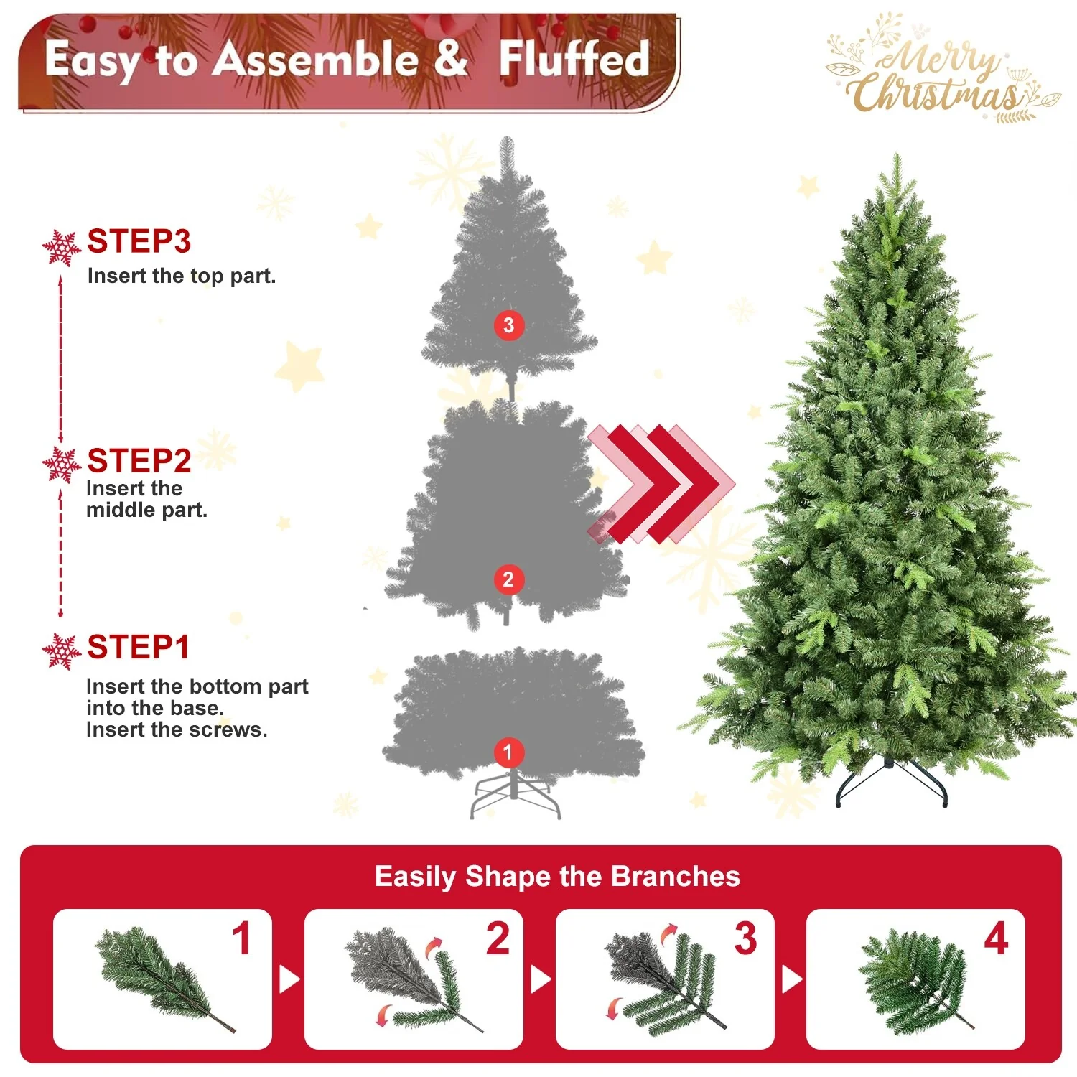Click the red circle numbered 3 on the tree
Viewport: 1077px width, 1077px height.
coord(508,325)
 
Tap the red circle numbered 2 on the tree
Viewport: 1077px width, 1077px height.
coord(508,579)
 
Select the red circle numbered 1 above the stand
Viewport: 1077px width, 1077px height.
coord(508,752)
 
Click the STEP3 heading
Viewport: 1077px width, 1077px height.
coord(139,241)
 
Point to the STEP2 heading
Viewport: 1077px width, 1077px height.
coord(139,461)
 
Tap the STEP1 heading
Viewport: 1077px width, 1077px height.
coord(138,647)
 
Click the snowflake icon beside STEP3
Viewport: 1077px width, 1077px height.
coord(62,248)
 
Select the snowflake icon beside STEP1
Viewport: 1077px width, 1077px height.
coord(62,651)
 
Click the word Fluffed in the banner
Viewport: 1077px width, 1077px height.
coord(574,59)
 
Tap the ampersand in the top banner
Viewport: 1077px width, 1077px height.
coord(450,59)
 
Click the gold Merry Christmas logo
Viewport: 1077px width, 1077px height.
coord(941,72)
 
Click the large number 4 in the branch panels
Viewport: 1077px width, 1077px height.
coord(996,938)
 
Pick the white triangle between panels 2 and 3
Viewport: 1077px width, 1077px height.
coord(541,979)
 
